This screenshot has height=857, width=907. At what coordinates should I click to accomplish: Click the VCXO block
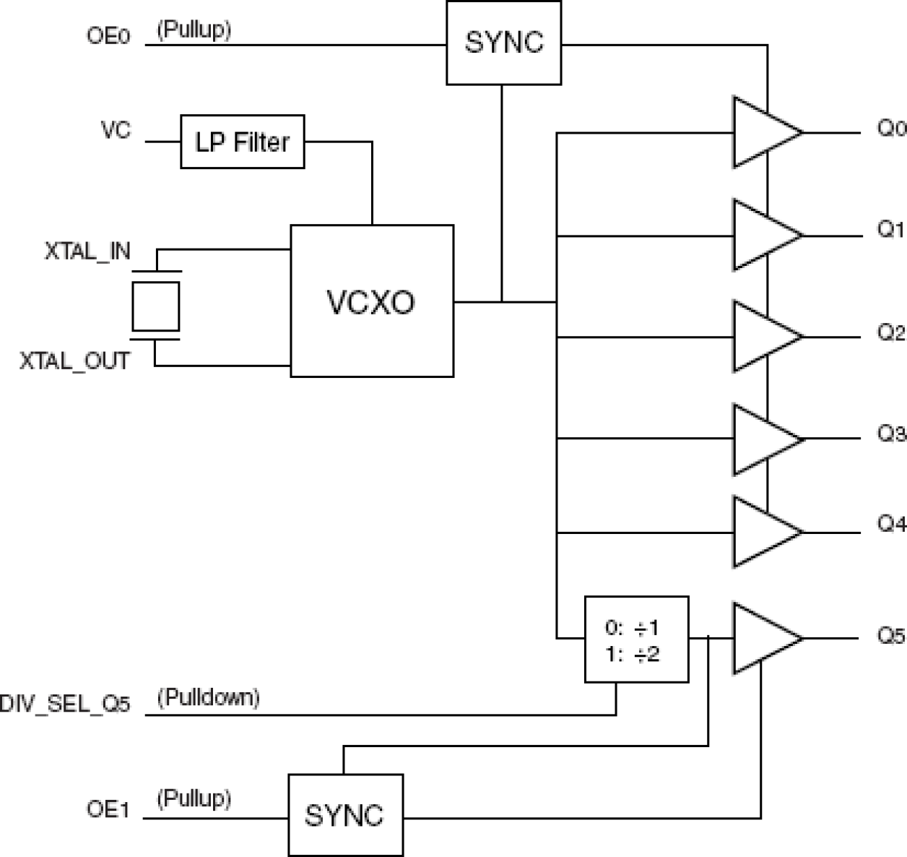(372, 301)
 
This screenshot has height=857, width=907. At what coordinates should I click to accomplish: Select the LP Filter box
(242, 142)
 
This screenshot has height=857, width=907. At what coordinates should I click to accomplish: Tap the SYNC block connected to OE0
(503, 43)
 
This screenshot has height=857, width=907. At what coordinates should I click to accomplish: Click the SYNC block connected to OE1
(345, 815)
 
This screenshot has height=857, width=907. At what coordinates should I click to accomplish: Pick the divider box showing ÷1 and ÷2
(635, 639)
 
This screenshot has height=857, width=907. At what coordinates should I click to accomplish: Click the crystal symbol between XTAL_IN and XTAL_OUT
(155, 306)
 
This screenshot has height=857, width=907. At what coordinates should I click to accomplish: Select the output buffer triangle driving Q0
(762, 133)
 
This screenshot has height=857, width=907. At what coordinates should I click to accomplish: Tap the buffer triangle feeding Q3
(762, 439)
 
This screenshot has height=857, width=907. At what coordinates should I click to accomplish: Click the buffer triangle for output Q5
(762, 639)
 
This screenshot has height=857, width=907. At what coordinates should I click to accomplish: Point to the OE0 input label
(108, 36)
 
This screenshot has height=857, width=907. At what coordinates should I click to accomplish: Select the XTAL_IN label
(87, 251)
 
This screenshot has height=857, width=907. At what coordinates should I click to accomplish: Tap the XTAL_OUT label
(75, 361)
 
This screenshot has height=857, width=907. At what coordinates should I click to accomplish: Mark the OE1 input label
(108, 810)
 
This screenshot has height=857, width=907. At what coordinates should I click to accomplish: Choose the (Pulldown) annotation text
(209, 697)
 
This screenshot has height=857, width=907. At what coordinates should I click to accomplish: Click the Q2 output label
(890, 333)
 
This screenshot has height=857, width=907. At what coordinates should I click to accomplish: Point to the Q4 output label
(890, 524)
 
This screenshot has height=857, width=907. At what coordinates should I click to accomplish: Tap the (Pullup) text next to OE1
(194, 799)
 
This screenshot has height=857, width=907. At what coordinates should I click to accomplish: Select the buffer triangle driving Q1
(762, 235)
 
